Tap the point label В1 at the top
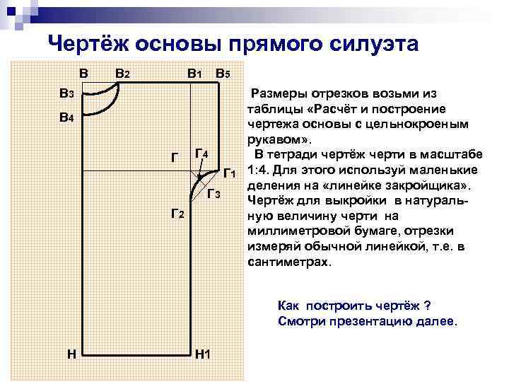coord(194,73)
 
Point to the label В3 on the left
coord(67,93)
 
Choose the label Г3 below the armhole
coord(214,195)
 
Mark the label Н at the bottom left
coord(72,352)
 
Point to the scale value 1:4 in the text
coord(259,170)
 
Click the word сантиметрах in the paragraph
coord(288,261)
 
